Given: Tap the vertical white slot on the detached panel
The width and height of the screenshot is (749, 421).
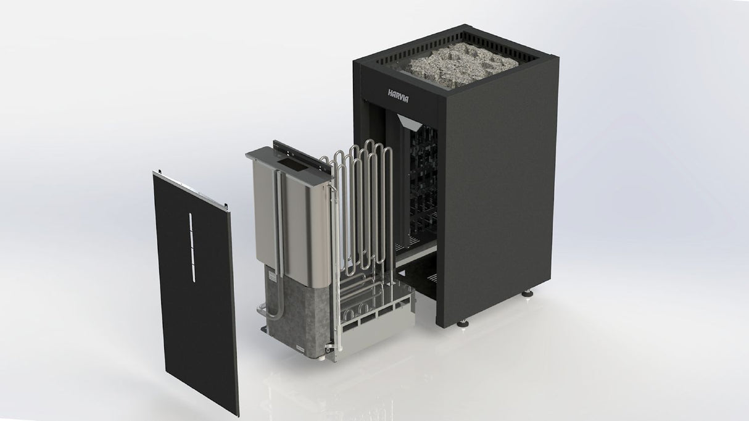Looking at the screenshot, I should point(191,246).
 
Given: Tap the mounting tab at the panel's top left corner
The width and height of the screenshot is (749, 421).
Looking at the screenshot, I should point(159,172).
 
